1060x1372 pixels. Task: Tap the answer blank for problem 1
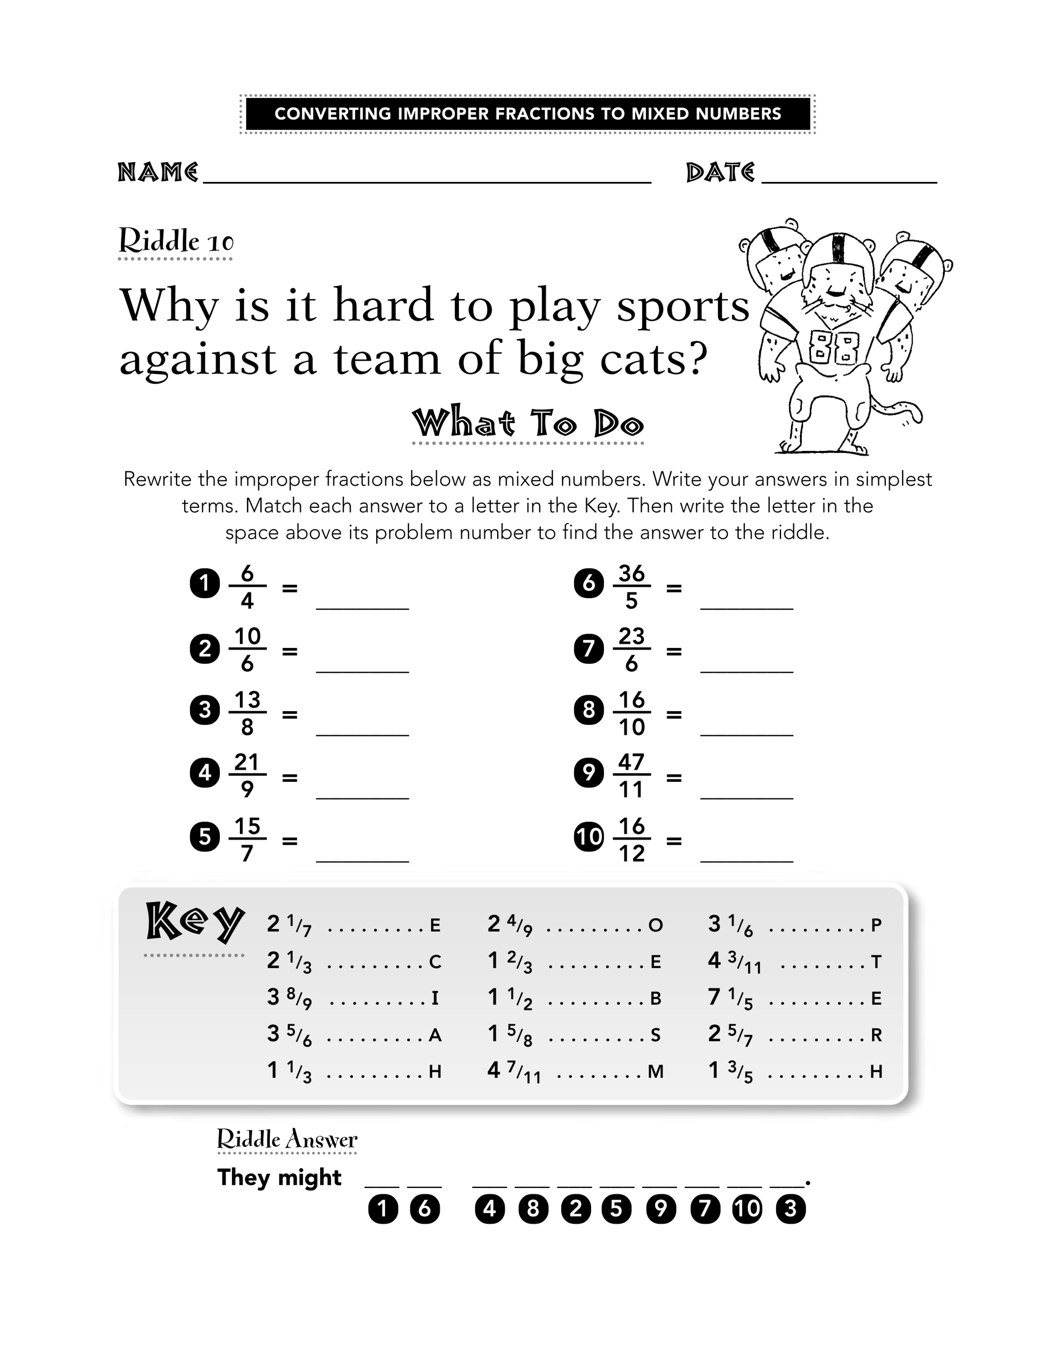pyautogui.click(x=362, y=609)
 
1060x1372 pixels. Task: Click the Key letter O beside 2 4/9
pyautogui.click(x=656, y=925)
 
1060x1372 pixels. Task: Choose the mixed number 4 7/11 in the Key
pyautogui.click(x=514, y=1072)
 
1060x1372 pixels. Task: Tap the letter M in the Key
pyautogui.click(x=656, y=1072)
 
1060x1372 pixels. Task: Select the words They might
pyautogui.click(x=279, y=1177)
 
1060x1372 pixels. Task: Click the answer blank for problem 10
pyautogui.click(x=747, y=861)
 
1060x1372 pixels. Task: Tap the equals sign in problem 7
pyautogui.click(x=674, y=651)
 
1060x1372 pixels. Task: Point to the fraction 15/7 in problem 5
pyautogui.click(x=247, y=839)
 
